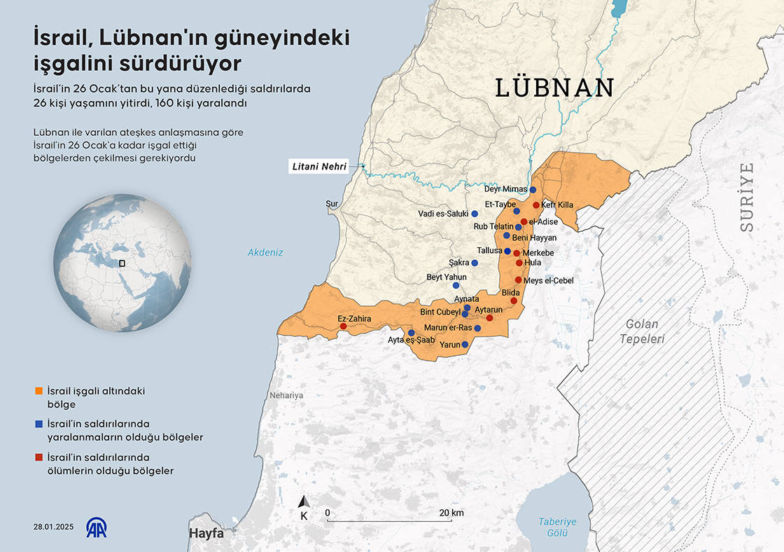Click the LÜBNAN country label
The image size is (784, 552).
pyautogui.click(x=554, y=88)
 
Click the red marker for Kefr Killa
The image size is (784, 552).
pyautogui.click(x=536, y=205)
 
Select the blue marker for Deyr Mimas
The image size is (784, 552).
pyautogui.click(x=533, y=190)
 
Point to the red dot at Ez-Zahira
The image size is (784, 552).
pyautogui.click(x=343, y=326)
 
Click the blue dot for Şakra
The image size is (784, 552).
pyautogui.click(x=475, y=263)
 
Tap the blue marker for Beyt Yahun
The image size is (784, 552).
pyautogui.click(x=456, y=285)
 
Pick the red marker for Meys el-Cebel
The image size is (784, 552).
pyautogui.click(x=518, y=280)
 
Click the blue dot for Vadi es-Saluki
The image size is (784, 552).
pyautogui.click(x=475, y=214)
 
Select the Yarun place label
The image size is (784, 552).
pyautogui.click(x=449, y=345)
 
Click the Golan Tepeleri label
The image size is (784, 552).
pyautogui.click(x=641, y=331)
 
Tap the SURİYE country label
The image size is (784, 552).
pyautogui.click(x=748, y=197)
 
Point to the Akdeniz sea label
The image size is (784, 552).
pyautogui.click(x=265, y=253)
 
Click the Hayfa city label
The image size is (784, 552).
pyautogui.click(x=206, y=533)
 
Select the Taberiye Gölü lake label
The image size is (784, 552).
pyautogui.click(x=557, y=527)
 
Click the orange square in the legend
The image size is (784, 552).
pyautogui.click(x=38, y=391)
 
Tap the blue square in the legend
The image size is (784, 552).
pyautogui.click(x=38, y=424)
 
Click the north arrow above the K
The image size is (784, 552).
pyautogui.click(x=304, y=502)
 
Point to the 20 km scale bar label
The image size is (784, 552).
pyautogui.click(x=451, y=513)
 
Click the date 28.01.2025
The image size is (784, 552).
pyautogui.click(x=52, y=527)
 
